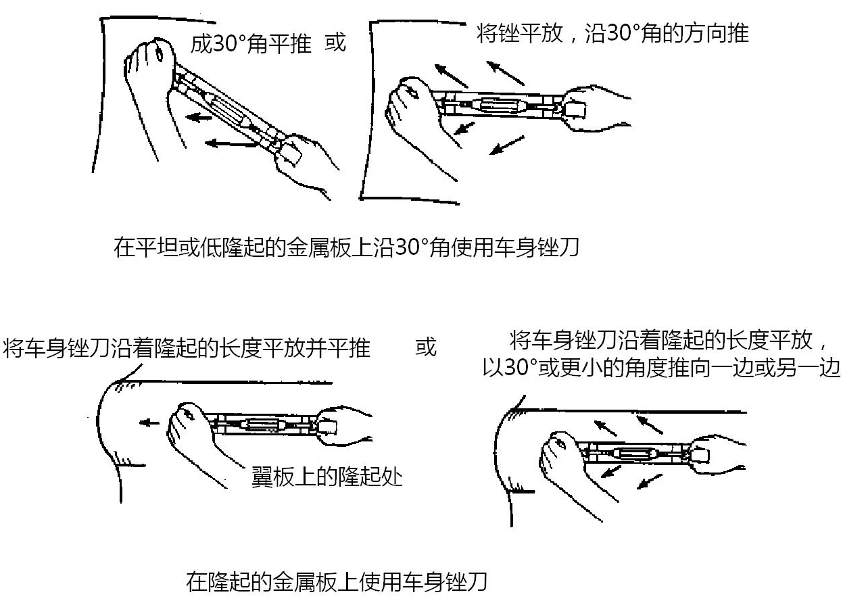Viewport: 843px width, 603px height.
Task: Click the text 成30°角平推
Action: pyautogui.click(x=251, y=44)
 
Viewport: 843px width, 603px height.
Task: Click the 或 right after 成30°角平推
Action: pyautogui.click(x=335, y=43)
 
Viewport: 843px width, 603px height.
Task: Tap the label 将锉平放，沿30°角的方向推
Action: pyautogui.click(x=612, y=33)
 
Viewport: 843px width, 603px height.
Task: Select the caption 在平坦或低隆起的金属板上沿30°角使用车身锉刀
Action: pyautogui.click(x=346, y=247)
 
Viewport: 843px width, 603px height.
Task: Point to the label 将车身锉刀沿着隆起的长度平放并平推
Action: pyautogui.click(x=187, y=348)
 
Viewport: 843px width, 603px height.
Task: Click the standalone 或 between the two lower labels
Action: pyautogui.click(x=426, y=347)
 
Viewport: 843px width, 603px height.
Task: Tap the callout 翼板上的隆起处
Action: pyautogui.click(x=327, y=477)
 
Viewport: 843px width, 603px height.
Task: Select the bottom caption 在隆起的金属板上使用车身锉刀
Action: pyautogui.click(x=336, y=581)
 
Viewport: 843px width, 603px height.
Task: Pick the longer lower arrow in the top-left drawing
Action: pyautogui.click(x=230, y=143)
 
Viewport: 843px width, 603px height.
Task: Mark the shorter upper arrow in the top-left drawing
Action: pyautogui.click(x=200, y=117)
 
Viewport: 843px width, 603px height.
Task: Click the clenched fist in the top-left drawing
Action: pyautogui.click(x=151, y=61)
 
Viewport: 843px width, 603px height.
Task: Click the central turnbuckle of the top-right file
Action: pyautogui.click(x=498, y=105)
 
